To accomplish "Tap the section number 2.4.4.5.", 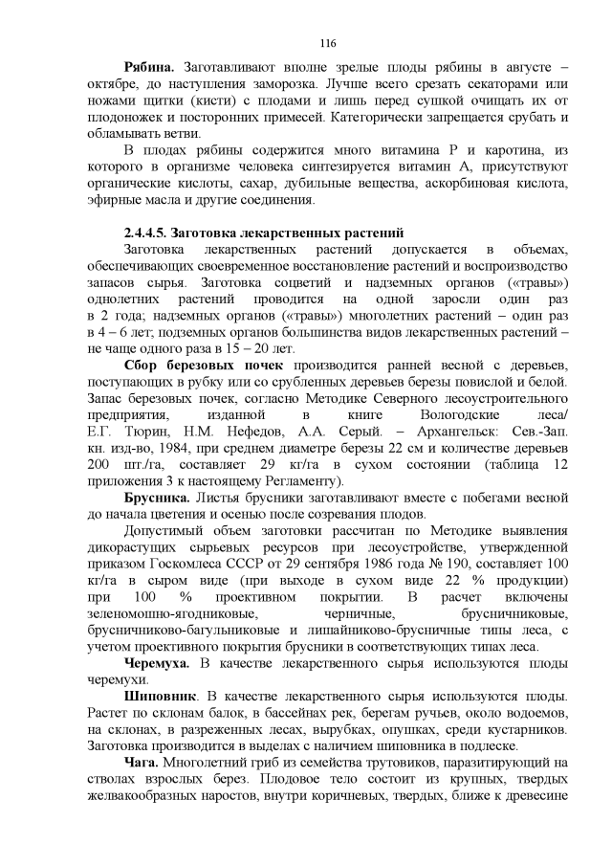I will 152,233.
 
